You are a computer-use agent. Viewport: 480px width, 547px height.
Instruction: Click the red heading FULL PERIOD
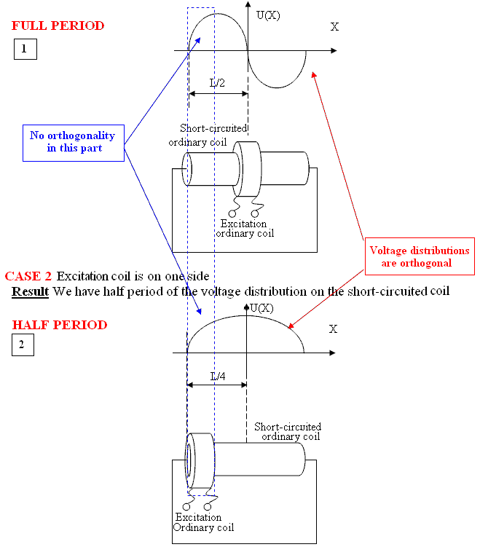click(58, 26)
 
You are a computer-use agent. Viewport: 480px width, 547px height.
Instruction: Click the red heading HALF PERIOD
click(59, 325)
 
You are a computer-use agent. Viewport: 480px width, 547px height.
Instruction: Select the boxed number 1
click(25, 50)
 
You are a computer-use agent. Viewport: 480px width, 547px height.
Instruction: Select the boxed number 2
click(22, 345)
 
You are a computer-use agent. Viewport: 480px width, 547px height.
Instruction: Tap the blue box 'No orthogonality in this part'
click(72, 142)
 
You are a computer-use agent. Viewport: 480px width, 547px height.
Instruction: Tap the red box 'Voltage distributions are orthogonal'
click(419, 256)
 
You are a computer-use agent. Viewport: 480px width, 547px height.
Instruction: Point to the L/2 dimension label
click(217, 83)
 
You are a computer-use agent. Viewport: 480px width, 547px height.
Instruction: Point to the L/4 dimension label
click(218, 376)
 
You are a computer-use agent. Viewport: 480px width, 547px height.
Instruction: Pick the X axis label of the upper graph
click(334, 27)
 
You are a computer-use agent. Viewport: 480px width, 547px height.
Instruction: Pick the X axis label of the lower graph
click(333, 329)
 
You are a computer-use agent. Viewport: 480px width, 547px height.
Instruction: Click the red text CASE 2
click(28, 276)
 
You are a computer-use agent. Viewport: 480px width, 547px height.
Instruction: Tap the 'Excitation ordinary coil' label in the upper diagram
click(244, 229)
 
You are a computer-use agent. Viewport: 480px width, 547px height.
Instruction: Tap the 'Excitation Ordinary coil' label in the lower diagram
click(199, 522)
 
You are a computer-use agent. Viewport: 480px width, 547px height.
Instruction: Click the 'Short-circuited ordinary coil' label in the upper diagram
click(210, 135)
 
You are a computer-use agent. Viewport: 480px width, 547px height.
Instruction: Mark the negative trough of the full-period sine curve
click(277, 87)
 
